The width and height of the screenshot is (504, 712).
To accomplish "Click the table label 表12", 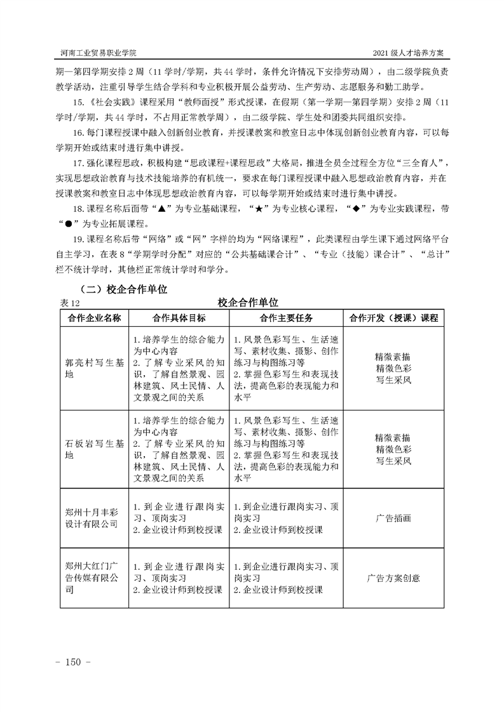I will coord(68,302).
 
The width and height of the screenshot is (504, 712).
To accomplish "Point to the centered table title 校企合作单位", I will coord(251,302).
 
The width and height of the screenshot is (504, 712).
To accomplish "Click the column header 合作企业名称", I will coord(95,317).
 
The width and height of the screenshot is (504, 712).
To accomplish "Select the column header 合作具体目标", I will coord(179,317).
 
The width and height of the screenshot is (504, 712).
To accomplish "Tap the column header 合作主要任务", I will coord(285,317).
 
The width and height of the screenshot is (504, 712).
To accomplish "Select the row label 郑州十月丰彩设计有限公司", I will coord(92,517).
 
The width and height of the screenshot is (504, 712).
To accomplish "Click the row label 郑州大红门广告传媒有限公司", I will coord(92,577).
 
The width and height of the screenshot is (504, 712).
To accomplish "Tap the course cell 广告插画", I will coord(393,518).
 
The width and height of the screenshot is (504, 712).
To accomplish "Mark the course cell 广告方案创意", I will coord(393,578).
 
